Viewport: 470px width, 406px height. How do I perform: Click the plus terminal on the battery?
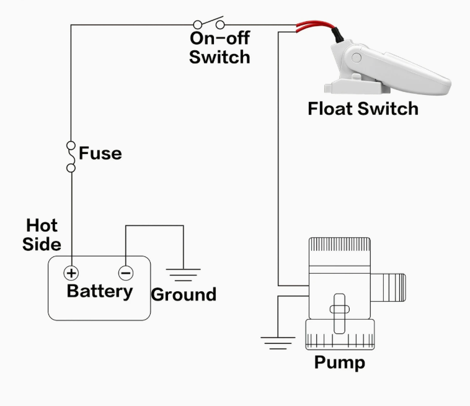pos(71,273)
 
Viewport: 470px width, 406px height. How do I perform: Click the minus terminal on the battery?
pos(126,273)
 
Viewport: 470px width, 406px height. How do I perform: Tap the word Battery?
pos(100,291)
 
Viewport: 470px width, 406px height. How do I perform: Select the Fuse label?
pos(100,153)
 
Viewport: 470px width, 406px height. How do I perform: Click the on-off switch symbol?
pos(209,25)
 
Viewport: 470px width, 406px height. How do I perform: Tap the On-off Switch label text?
pos(219,47)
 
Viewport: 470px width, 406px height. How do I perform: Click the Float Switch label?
pos(363,109)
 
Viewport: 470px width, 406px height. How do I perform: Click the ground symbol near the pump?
pos(277,341)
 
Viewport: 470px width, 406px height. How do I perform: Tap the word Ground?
pos(184,294)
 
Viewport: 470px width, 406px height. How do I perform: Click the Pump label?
pos(339,362)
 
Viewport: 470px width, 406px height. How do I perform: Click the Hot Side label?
pos(42,235)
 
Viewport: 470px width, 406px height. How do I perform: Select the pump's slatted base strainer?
pos(339,335)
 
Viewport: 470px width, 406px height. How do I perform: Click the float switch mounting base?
pos(345,87)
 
